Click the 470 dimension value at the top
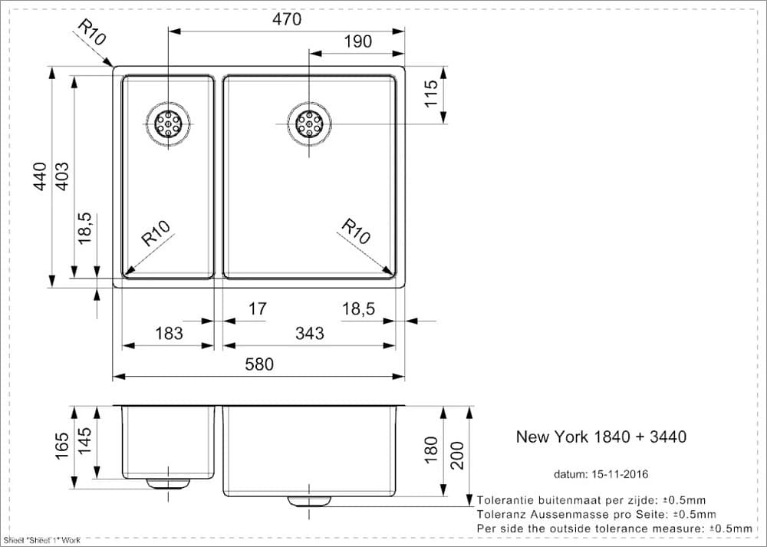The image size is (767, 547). (287, 18)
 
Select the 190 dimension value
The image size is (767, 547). (357, 42)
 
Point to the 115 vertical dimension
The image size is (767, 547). (430, 94)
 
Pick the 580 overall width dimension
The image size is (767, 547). (258, 364)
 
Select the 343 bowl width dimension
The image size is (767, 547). (309, 333)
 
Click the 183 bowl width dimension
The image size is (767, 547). (169, 333)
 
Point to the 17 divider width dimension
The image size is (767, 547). (258, 308)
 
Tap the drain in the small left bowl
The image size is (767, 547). (168, 124)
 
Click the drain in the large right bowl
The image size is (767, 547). (309, 124)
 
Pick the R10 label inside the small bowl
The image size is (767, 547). (156, 233)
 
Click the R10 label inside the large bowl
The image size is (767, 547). (356, 231)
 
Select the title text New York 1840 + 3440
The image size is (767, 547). (601, 437)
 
